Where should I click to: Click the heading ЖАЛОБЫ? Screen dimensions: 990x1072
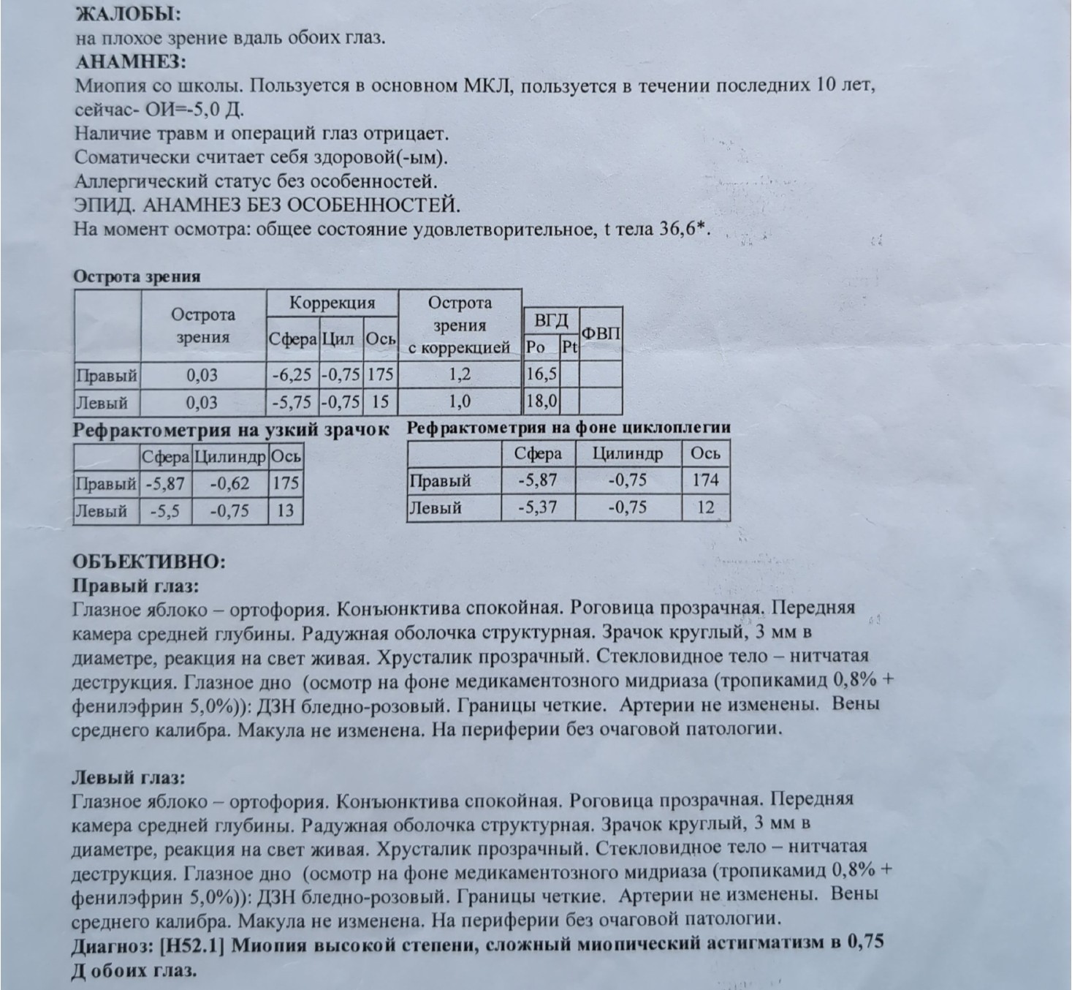pyautogui.click(x=129, y=14)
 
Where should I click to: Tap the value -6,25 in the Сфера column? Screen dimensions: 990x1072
pyautogui.click(x=292, y=375)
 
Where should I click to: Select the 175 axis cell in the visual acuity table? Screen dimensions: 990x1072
pyautogui.click(x=380, y=375)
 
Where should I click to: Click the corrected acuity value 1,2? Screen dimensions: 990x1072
pyautogui.click(x=460, y=375)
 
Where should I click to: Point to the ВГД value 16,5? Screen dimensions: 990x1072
pyautogui.click(x=541, y=374)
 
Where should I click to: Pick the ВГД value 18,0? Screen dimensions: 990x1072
pyautogui.click(x=541, y=401)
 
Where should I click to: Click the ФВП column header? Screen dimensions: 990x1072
pyautogui.click(x=601, y=333)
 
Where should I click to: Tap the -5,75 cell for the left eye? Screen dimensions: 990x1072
pyautogui.click(x=292, y=402)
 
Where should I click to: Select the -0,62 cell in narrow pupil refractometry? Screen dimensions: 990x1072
pyautogui.click(x=229, y=483)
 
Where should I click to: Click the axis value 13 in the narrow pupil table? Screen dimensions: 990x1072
pyautogui.click(x=285, y=510)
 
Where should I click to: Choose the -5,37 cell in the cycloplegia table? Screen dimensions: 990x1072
pyautogui.click(x=537, y=507)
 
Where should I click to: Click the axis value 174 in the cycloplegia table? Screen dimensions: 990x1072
pyautogui.click(x=705, y=480)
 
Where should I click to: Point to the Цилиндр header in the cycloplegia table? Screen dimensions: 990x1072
pyautogui.click(x=628, y=453)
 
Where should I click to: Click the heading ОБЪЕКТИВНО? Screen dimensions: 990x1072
pyautogui.click(x=149, y=562)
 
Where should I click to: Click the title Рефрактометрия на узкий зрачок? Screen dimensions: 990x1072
pyautogui.click(x=231, y=430)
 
